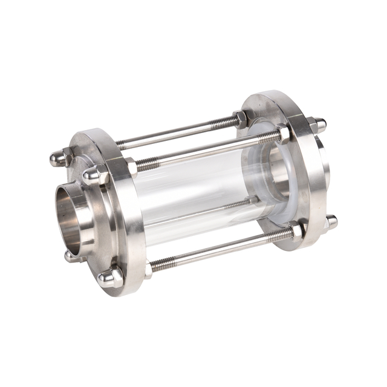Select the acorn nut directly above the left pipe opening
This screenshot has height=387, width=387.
(93, 176)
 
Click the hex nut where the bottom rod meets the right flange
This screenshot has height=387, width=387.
(298, 230)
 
